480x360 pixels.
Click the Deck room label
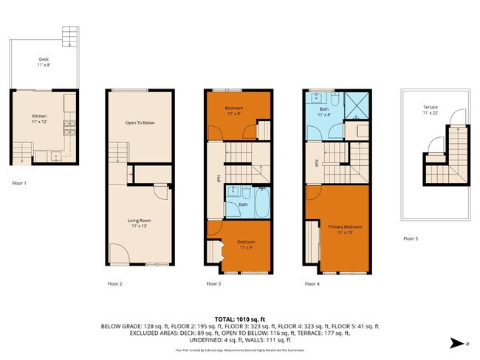click(44, 63)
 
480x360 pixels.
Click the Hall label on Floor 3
click(218, 178)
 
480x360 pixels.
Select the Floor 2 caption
click(115, 283)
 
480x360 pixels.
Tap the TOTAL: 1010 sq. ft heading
click(240, 318)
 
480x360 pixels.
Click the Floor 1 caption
click(21, 182)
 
